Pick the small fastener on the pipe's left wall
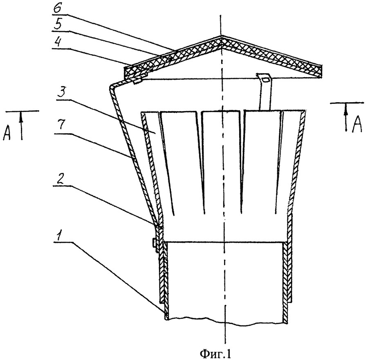(154, 244)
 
